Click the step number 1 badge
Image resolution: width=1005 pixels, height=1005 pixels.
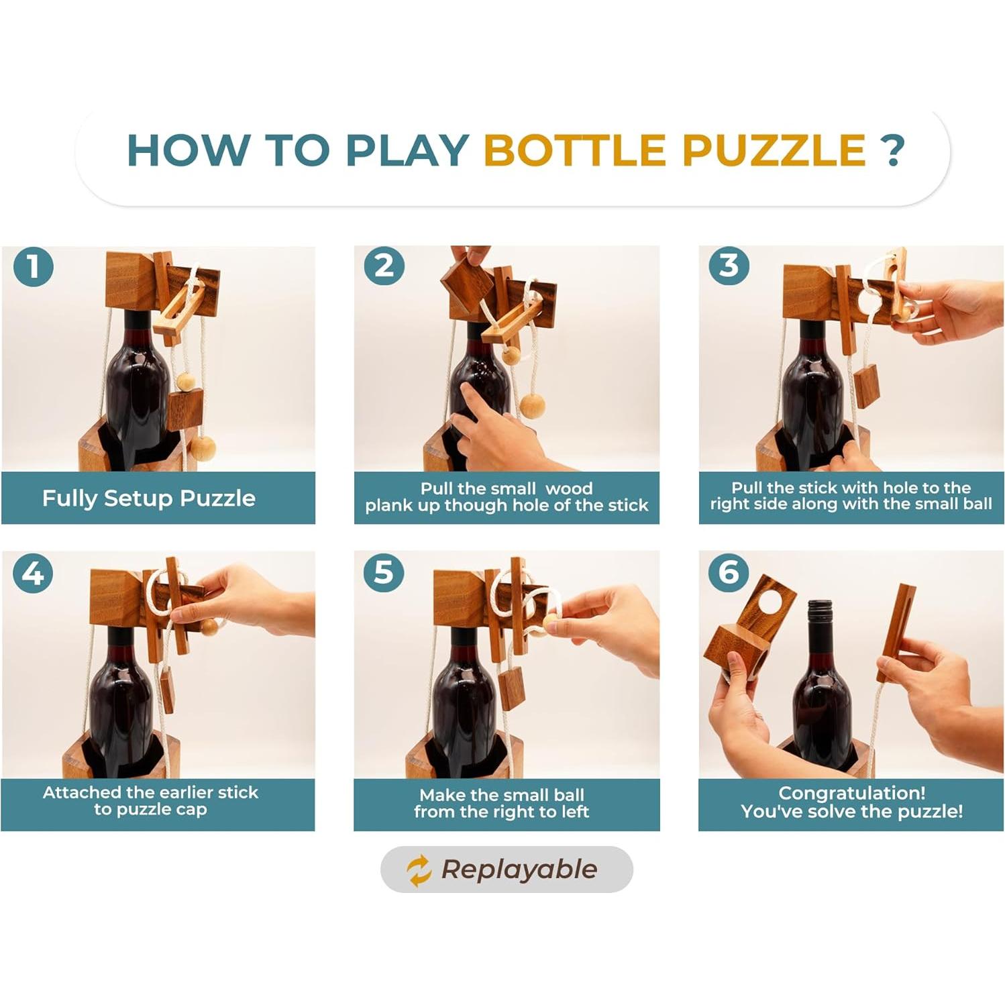pyautogui.click(x=33, y=266)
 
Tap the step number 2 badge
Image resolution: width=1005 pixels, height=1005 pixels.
pyautogui.click(x=384, y=265)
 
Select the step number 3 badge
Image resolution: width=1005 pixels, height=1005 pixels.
pyautogui.click(x=729, y=265)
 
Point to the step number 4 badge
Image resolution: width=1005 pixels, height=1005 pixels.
pyautogui.click(x=33, y=573)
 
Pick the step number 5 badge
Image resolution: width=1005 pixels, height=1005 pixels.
pyautogui.click(x=384, y=572)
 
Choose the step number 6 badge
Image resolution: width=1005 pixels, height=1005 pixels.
pyautogui.click(x=729, y=572)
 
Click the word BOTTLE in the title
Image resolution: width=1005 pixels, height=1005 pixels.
pyautogui.click(x=574, y=150)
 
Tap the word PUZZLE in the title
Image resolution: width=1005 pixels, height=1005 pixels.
pyautogui.click(x=774, y=150)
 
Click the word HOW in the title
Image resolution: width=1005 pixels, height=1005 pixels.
pyautogui.click(x=188, y=150)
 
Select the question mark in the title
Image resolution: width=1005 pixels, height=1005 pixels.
pyautogui.click(x=893, y=150)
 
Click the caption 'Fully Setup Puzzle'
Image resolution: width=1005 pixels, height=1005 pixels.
pyautogui.click(x=149, y=498)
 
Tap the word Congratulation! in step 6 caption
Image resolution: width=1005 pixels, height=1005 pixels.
pyautogui.click(x=852, y=793)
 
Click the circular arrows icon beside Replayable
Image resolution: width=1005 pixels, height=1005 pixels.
pyautogui.click(x=419, y=870)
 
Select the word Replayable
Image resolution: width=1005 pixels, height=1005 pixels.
pyautogui.click(x=519, y=870)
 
